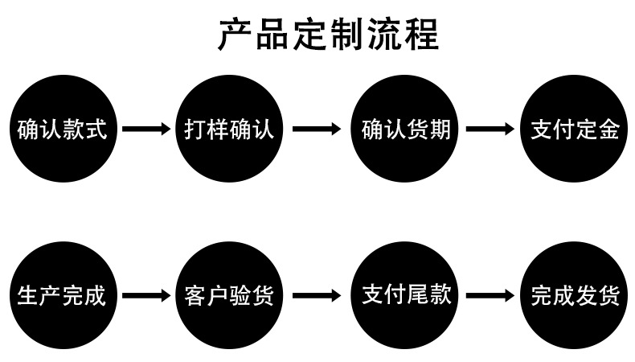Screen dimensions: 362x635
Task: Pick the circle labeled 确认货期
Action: coord(405,130)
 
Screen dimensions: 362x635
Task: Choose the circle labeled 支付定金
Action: coord(576,130)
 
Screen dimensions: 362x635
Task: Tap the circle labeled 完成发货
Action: coord(576,296)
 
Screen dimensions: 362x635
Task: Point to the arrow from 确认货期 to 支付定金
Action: coord(490,130)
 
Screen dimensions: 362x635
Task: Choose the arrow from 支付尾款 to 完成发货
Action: coord(490,296)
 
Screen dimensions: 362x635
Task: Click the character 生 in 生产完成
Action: coord(28,296)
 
